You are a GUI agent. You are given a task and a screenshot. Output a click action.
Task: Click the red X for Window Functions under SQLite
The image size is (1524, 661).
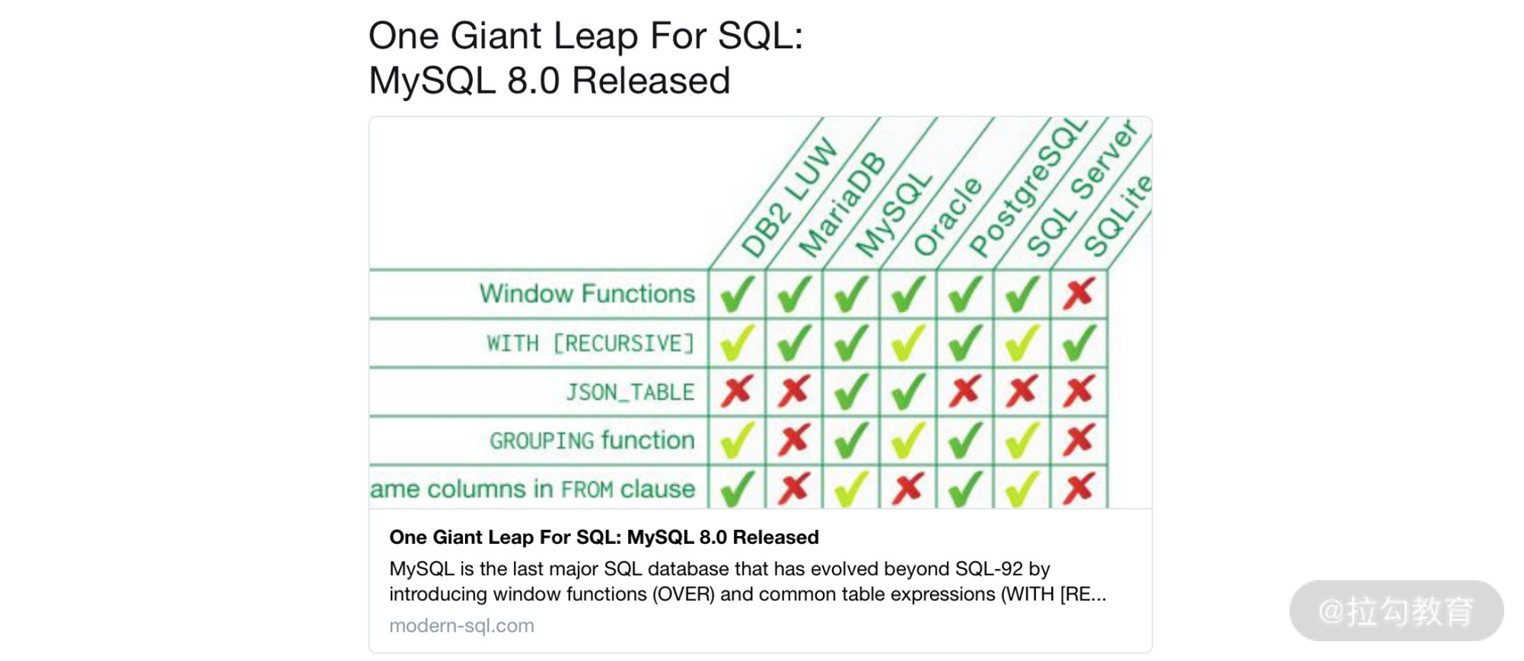(1079, 293)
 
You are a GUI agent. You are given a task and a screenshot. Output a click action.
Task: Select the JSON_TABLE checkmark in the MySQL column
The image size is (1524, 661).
(851, 391)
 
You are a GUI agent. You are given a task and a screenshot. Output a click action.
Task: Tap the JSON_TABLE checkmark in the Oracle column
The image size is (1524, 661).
(908, 391)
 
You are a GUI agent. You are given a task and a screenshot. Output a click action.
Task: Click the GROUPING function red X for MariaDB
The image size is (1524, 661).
(794, 440)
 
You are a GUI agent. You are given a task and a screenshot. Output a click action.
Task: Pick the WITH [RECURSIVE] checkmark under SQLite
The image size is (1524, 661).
(1079, 343)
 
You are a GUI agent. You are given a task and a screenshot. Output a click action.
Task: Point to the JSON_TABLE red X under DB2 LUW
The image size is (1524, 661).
(737, 391)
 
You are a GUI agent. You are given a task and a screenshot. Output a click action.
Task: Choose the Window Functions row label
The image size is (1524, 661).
(587, 294)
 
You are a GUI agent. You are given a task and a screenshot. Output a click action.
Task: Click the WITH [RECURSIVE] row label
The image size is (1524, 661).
(591, 343)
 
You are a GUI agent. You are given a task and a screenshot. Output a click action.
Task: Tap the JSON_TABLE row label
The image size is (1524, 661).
(630, 392)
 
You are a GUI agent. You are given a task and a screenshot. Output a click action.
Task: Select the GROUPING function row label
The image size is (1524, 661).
(592, 441)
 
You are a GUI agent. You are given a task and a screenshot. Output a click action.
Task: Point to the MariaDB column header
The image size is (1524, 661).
(842, 206)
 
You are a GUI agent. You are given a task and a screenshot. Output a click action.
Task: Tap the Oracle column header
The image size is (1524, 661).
(948, 216)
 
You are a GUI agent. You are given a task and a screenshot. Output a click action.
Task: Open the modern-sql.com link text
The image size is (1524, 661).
(461, 626)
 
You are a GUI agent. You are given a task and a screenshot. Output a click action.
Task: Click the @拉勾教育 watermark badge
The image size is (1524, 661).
(1396, 611)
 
